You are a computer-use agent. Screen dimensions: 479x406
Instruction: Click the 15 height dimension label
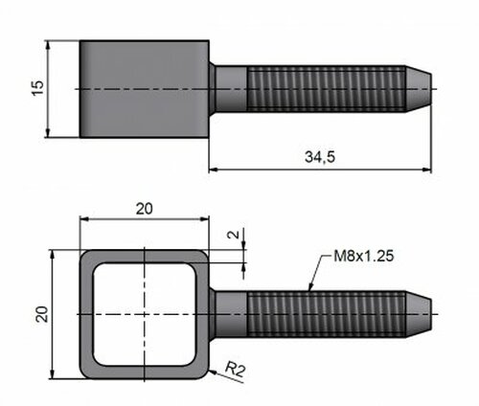click(x=37, y=88)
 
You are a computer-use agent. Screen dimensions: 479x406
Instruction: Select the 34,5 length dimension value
click(x=320, y=157)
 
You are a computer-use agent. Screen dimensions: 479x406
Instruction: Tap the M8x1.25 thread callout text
click(x=364, y=256)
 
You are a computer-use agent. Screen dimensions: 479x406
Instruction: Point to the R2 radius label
click(x=236, y=370)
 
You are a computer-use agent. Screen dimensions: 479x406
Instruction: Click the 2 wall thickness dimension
click(x=234, y=235)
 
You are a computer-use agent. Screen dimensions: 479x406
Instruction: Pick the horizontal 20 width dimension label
click(x=145, y=209)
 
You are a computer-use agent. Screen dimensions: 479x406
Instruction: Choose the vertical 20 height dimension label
click(x=42, y=314)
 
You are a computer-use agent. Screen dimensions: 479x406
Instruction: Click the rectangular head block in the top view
click(x=145, y=89)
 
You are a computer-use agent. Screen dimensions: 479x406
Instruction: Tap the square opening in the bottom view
click(x=145, y=314)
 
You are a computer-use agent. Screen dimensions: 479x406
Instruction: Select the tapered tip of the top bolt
click(x=419, y=89)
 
